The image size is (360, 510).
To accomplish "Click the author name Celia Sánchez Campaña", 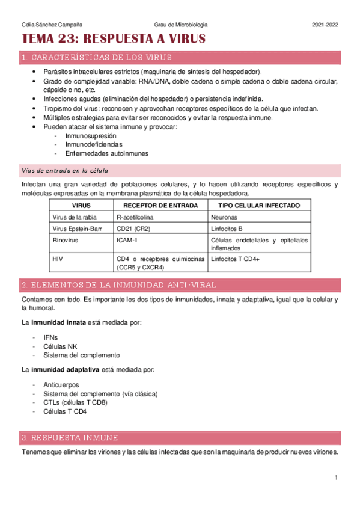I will pos(49,25).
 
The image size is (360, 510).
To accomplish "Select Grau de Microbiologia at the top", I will pos(180,25).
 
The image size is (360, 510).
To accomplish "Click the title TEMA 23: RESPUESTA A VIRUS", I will pos(113,39).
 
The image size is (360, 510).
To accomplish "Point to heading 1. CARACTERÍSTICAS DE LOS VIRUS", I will pos(96,58).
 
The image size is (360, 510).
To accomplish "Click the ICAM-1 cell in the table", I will pos(127,240).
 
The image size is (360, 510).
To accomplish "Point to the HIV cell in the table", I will pos(59,259).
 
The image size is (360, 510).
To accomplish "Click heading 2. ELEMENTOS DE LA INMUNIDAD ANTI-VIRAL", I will pos(119,284).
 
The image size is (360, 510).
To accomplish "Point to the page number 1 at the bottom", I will pos(337,478).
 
